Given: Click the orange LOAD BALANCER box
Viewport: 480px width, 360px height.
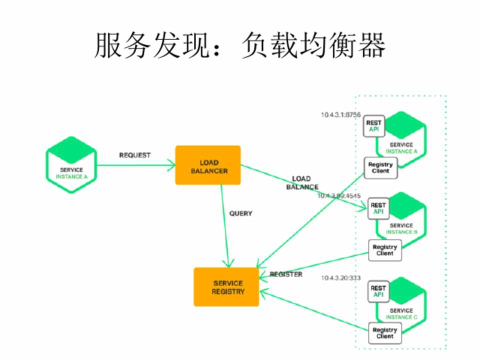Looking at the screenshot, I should coord(207,165).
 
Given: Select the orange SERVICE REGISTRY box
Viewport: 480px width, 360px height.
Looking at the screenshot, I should coord(226,286).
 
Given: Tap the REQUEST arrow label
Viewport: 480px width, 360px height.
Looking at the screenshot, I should coord(134,155).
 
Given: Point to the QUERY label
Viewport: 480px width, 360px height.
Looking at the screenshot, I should coord(240,213).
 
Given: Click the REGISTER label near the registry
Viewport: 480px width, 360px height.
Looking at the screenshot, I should coord(285,274).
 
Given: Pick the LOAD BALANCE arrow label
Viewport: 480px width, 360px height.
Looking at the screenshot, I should coord(302,183).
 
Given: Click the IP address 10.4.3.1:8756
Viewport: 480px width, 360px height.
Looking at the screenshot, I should coord(340,114).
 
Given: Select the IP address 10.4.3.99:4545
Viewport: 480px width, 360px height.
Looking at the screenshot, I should coord(338,195).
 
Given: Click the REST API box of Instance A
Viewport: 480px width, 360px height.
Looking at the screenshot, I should coord(373,126).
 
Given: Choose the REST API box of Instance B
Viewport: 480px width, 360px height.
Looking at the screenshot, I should coord(378,208).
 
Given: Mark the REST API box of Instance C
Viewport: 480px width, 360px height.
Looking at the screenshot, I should coord(378,291).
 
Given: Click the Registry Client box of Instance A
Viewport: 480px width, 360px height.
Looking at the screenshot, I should coord(380,167).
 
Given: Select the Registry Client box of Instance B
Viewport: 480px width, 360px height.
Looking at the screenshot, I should coord(384,250).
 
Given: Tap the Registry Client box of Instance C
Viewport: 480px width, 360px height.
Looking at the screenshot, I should coord(384,333).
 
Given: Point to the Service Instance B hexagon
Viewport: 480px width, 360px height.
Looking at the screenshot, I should coord(402,222).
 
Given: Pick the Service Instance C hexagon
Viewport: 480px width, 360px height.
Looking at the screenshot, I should coord(402,305).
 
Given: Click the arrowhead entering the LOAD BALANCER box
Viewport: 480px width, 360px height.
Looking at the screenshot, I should coord(171,164).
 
